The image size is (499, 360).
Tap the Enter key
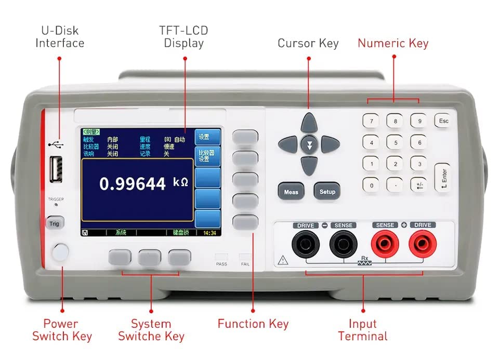click(442, 177)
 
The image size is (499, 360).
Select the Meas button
click(291, 192)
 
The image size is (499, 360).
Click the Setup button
click(327, 192)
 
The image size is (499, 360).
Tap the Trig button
click(55, 223)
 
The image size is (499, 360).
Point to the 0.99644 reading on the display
click(133, 183)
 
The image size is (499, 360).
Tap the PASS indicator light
click(221, 257)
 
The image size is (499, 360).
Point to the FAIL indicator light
click(245, 257)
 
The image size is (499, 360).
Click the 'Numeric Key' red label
click(393, 43)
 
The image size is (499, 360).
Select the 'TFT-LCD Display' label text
click(183, 37)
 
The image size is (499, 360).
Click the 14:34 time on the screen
click(210, 233)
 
